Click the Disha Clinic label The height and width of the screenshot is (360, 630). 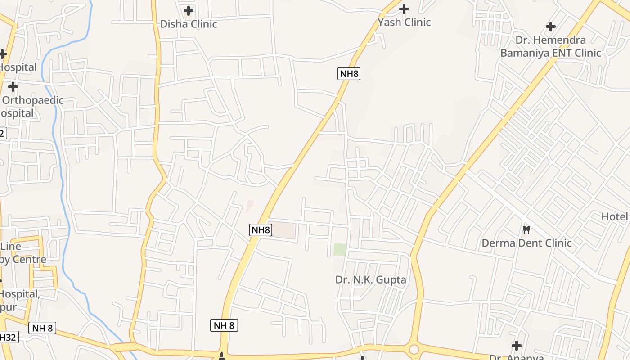coord(189,24)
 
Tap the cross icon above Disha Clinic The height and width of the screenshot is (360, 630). coord(189,10)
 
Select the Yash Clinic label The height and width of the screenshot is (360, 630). coord(404,22)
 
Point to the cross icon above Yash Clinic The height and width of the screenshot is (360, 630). coord(404,9)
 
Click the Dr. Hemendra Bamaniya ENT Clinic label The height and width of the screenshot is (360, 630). coord(550,46)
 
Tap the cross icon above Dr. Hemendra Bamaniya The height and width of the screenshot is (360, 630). coord(550,27)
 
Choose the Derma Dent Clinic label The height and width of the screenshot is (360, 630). coord(526,243)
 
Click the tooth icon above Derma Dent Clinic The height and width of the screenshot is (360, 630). coord(526,229)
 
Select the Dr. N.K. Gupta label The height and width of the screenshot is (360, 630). coord(371,279)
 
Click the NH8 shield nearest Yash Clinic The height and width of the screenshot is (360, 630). coord(349,74)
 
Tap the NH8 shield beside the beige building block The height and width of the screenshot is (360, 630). coord(261,230)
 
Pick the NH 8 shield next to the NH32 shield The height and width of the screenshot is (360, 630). coord(43,328)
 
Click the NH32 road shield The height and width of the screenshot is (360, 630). coord(8,337)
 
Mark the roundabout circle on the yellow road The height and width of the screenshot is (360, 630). coord(414,349)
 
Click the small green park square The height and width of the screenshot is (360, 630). coord(340,249)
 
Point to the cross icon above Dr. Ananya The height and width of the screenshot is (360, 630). coord(517,346)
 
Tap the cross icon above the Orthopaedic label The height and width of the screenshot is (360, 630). coord(13,87)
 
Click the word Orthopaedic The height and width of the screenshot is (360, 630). coord(33,100)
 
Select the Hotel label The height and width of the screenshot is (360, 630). coord(614,216)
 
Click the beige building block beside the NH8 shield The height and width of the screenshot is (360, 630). coord(284,230)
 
